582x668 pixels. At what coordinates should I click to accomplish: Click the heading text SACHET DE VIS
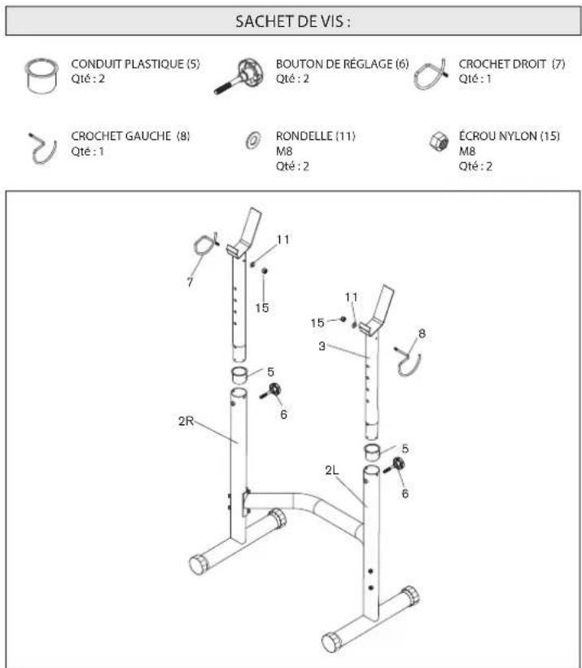click(x=292, y=22)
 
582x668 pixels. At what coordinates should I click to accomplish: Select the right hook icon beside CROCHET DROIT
click(x=431, y=75)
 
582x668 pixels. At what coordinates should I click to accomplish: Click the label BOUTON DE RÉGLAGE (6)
click(x=342, y=64)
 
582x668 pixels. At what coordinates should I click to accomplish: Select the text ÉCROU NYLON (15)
click(x=509, y=136)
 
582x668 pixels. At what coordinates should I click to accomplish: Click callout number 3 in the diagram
click(x=323, y=347)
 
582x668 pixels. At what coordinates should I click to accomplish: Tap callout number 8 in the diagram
click(x=422, y=332)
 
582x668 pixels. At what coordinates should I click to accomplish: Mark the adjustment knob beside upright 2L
click(x=397, y=466)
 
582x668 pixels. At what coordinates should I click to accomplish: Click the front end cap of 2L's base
click(x=332, y=640)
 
